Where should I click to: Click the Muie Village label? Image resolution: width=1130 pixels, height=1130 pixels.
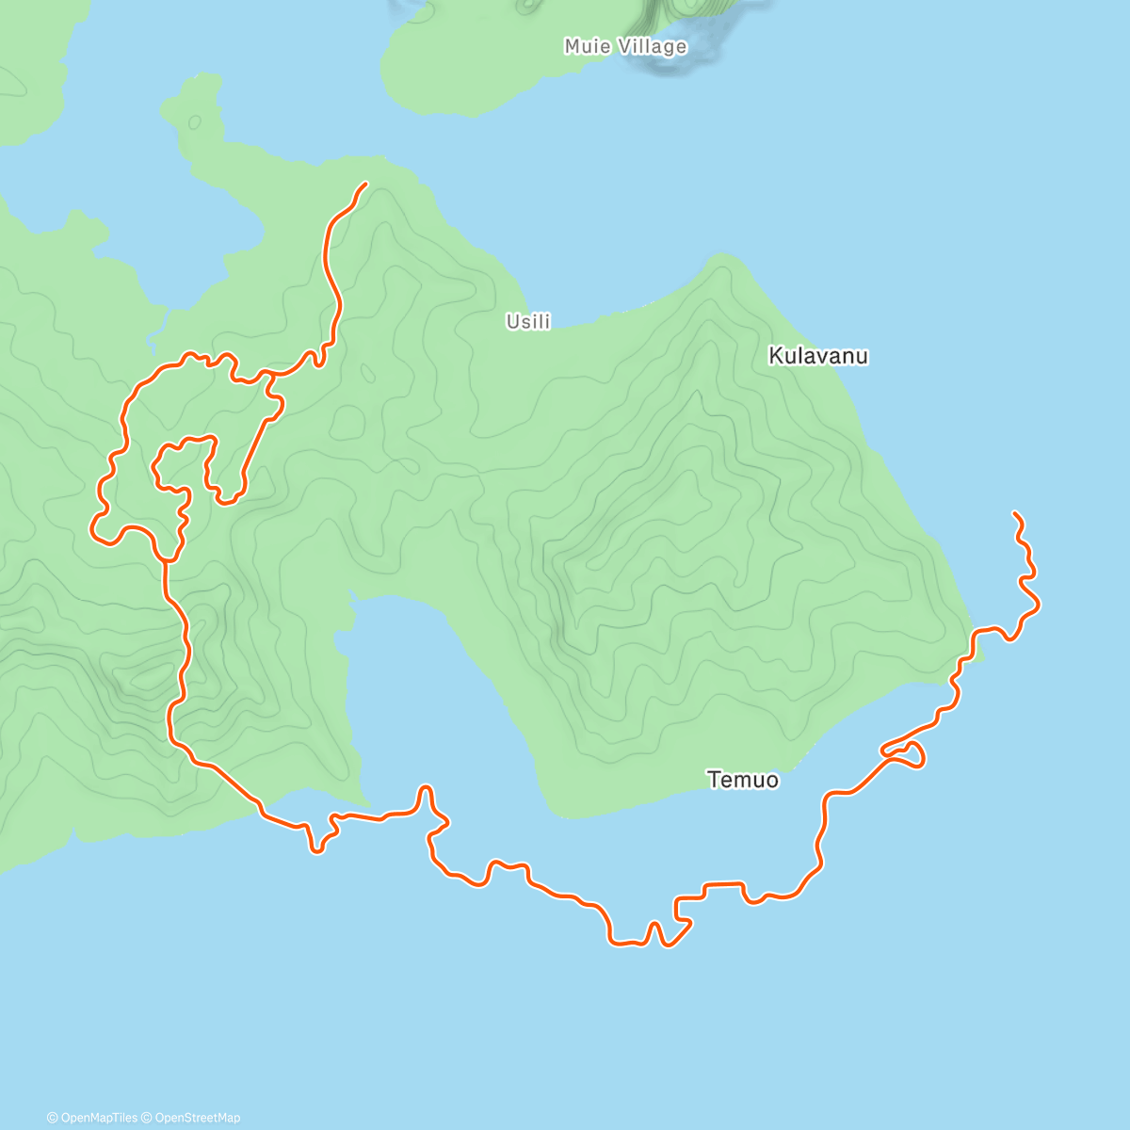625,46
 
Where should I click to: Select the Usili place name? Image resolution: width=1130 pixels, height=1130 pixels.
528,322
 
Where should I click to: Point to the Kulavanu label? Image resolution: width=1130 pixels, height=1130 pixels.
818,356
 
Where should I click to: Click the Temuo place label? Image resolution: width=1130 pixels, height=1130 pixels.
743,780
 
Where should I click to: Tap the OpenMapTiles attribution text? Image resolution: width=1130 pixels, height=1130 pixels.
99,1118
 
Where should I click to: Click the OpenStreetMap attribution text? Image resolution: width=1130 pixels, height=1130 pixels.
198,1118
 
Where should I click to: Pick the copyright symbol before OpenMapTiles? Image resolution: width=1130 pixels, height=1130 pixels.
53,1118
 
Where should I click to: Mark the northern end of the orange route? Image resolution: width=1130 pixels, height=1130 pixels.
364,183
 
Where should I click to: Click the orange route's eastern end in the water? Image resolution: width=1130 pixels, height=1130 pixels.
1014,513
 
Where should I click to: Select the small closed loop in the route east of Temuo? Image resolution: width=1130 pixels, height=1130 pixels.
909,754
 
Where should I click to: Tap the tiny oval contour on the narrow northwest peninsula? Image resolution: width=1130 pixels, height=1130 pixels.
195,122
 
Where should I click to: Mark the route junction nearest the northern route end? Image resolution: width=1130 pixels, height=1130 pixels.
271,374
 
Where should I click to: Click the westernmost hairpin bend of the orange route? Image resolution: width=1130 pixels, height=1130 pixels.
93,528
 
